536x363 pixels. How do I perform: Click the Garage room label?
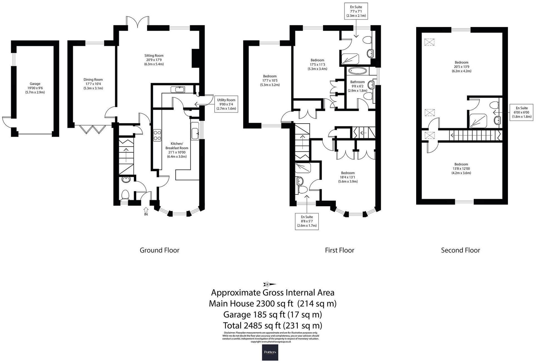pos(35,84)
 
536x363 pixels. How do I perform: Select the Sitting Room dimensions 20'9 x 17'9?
pos(154,60)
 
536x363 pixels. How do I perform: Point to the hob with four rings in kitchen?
pos(157,135)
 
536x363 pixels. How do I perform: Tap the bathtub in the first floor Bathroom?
pos(358,71)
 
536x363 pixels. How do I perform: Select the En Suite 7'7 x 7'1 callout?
pos(356,11)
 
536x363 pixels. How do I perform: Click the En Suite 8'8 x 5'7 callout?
pos(307,221)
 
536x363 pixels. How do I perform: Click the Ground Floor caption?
pos(159,250)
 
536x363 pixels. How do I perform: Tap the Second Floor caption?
pos(460,250)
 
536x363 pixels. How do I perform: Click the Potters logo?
pos(270,352)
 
